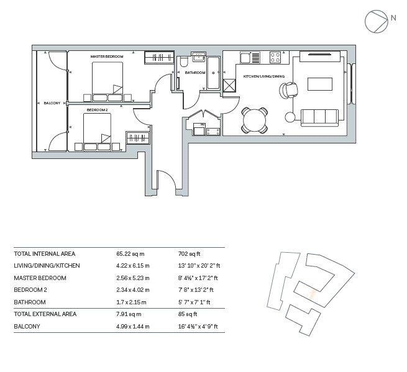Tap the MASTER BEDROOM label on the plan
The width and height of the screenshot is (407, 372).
[x=106, y=57]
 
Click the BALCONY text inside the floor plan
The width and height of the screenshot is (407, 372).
[x=52, y=103]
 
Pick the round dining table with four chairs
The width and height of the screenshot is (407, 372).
[x=255, y=119]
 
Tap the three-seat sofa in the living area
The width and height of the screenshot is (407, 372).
[x=320, y=116]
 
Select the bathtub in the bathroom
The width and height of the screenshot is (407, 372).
[x=213, y=74]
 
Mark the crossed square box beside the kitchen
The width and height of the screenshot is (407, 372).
[x=230, y=86]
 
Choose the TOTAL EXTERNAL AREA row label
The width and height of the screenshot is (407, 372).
[x=45, y=314]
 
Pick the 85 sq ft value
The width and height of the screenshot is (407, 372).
[x=187, y=314]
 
